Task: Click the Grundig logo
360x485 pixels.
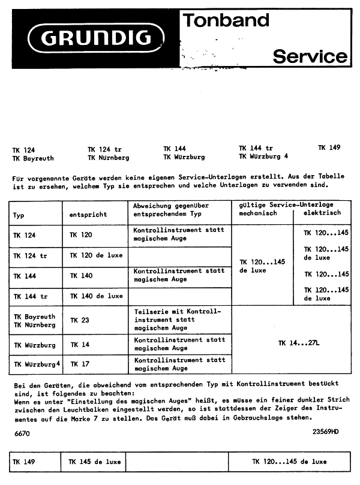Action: click(95, 39)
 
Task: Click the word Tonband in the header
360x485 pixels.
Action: click(226, 21)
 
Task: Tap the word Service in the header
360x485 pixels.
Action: click(310, 56)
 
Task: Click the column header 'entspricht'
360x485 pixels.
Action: click(88, 213)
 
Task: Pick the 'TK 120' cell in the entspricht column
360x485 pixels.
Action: click(81, 235)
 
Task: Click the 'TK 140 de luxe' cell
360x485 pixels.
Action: click(96, 296)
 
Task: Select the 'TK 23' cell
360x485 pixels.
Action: click(79, 320)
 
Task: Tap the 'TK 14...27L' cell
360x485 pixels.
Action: click(299, 343)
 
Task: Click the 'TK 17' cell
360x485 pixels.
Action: click(79, 364)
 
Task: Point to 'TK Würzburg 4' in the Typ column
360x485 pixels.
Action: click(37, 364)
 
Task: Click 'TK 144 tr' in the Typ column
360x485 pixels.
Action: click(30, 296)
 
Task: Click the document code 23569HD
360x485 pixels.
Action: click(325, 431)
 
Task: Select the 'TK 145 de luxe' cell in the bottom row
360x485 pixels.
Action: click(94, 462)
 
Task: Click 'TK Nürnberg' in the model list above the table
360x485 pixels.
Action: click(108, 158)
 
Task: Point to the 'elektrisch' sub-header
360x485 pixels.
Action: click(322, 213)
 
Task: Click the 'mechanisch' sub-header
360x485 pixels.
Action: click(258, 213)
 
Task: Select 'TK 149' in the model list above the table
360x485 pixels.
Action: click(329, 147)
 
